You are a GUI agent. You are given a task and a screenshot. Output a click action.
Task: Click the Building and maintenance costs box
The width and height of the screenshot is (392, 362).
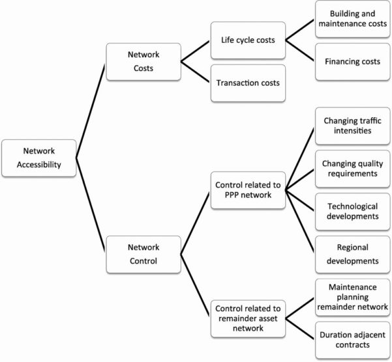click(353, 20)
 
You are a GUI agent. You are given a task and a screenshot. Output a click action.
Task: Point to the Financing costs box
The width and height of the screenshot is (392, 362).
click(353, 62)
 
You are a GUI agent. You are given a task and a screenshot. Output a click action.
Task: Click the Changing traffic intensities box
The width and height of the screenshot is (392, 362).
click(353, 126)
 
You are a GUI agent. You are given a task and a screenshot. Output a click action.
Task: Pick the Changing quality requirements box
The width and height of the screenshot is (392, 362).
click(353, 168)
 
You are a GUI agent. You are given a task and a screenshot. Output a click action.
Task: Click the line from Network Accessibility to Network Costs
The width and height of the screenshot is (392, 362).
click(90, 111)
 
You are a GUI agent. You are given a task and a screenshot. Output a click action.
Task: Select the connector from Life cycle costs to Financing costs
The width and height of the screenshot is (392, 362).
click(301, 51)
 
